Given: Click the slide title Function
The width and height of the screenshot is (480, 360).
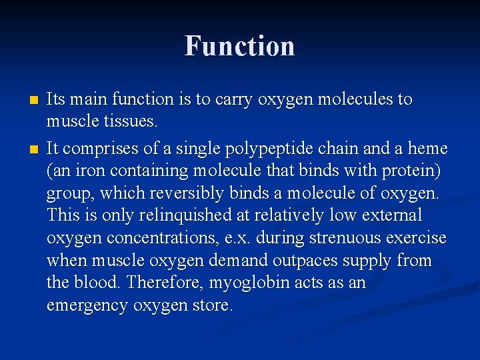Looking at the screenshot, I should tap(239, 46).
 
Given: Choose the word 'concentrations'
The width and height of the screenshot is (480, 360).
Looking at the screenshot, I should tap(155, 238).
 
